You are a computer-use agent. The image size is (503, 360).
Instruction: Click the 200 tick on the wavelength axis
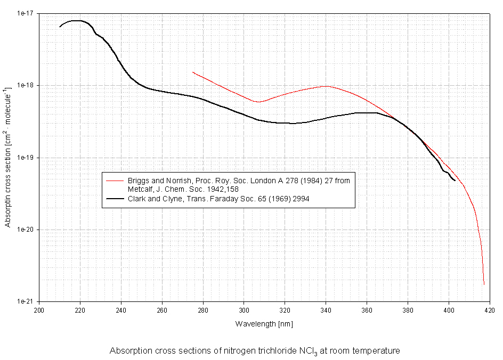[x=39, y=309]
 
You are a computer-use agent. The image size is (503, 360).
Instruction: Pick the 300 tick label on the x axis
[x=244, y=309]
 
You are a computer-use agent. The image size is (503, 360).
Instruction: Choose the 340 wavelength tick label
[x=326, y=309]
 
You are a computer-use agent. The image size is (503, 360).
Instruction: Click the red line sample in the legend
[x=115, y=181]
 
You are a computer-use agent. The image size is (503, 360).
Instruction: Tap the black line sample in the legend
[x=115, y=198]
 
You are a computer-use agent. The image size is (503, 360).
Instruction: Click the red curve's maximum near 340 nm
[x=326, y=86]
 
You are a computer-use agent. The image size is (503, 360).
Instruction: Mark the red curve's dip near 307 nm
[x=258, y=102]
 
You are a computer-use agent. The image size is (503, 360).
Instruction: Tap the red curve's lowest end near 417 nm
[x=484, y=284]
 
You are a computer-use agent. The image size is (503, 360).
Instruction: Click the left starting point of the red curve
[x=193, y=72]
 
